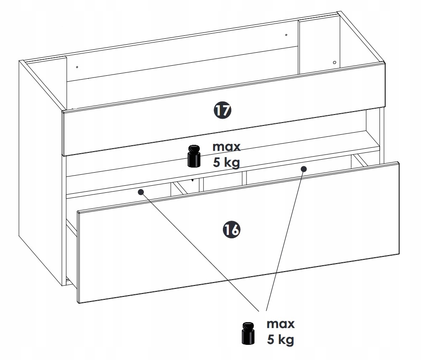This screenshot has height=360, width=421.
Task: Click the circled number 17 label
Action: [x=222, y=110]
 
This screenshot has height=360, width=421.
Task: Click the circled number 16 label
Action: [x=231, y=230]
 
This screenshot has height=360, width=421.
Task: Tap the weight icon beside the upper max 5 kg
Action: [x=193, y=156]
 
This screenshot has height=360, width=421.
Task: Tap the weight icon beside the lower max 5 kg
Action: [x=248, y=333]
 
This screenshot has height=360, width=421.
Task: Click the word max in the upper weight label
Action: [x=226, y=147]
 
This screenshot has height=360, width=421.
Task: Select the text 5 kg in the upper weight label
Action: [x=226, y=163]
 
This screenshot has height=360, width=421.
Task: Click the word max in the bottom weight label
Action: [x=281, y=324]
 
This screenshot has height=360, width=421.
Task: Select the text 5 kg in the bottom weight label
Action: [x=281, y=339]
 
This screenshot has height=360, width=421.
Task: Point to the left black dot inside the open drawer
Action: [x=141, y=192]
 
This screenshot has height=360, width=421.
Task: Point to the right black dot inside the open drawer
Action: [x=303, y=169]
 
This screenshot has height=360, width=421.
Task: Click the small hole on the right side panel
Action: [x=334, y=63]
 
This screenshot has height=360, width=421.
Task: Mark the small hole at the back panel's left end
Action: [x=77, y=67]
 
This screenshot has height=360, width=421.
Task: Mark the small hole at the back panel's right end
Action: [x=286, y=35]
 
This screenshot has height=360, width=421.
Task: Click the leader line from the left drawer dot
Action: [x=200, y=251]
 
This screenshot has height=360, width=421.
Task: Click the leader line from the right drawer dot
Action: [x=285, y=240]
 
